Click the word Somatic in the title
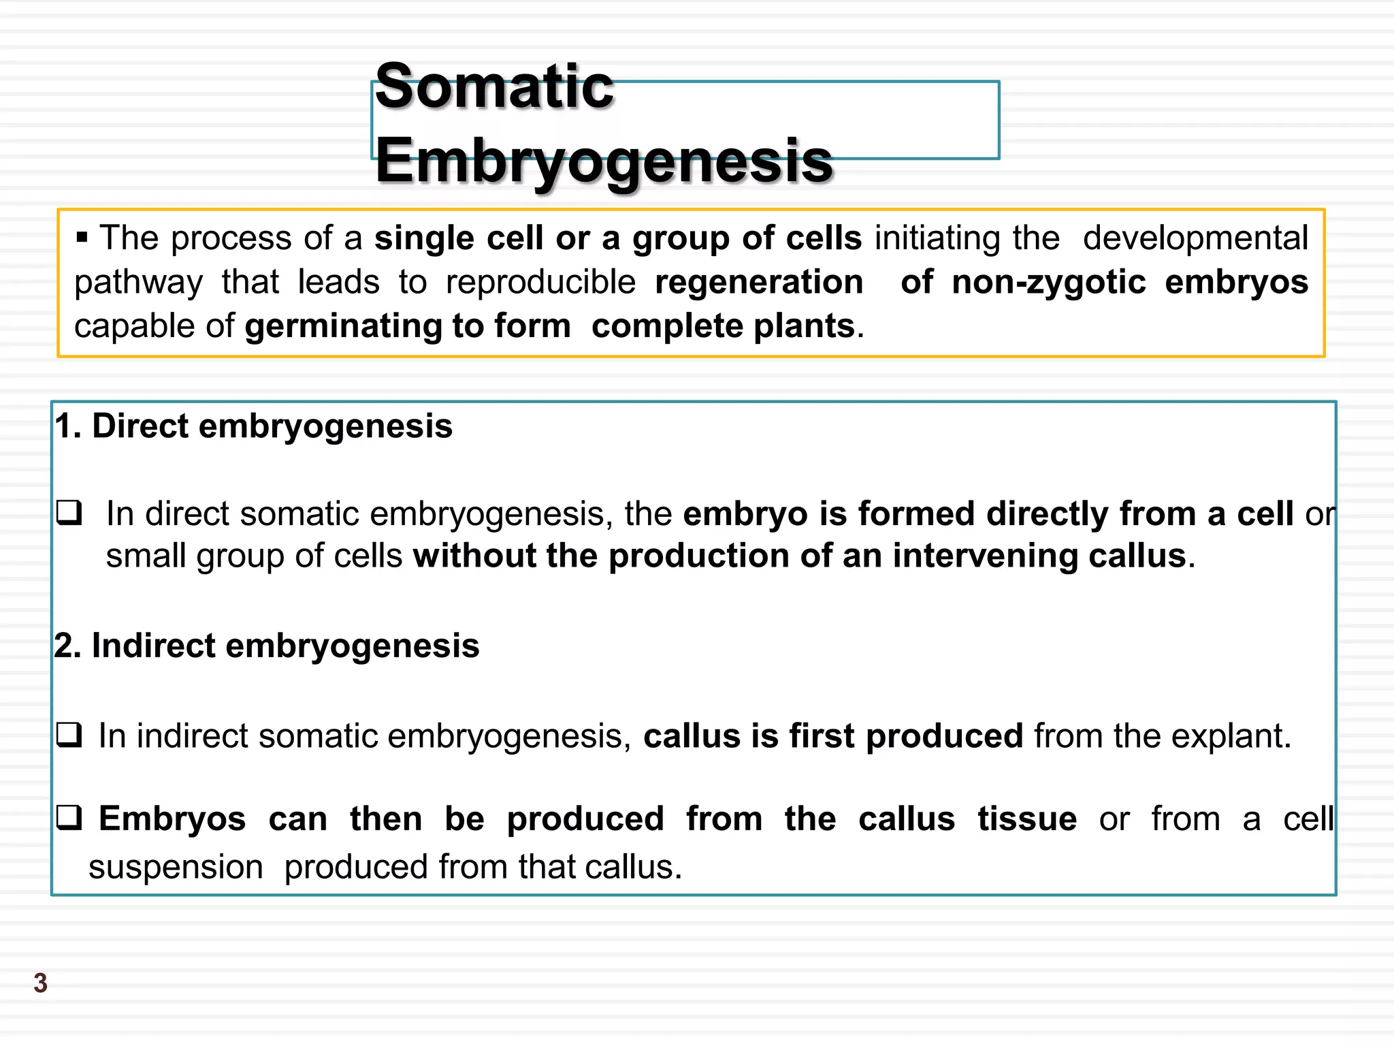point(494,86)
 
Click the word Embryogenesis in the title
point(604,161)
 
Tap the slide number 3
point(41,983)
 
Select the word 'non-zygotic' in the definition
point(1048,282)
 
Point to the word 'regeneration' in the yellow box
point(759,282)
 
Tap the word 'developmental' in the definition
point(1195,238)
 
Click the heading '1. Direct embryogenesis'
point(253,426)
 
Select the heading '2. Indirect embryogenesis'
point(267,646)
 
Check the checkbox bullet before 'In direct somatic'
point(69,513)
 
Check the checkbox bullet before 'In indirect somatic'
point(69,735)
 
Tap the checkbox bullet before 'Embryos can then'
point(69,818)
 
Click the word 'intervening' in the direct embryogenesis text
point(985,556)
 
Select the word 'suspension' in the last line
point(176,867)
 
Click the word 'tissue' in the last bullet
point(1027,819)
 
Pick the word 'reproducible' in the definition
point(541,282)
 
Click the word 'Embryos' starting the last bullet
point(172,819)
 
